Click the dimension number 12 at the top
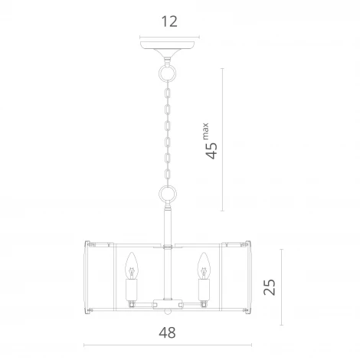pyautogui.click(x=170, y=21)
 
